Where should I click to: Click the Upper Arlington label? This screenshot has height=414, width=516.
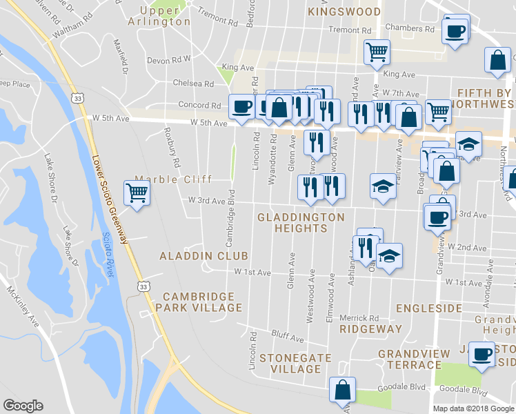click(159, 16)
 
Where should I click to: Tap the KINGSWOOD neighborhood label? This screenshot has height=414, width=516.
click(344, 12)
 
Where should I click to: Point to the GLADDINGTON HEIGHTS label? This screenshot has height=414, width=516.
click(300, 222)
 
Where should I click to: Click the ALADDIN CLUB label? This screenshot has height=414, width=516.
click(194, 255)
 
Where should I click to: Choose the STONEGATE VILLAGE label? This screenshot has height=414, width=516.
click(295, 363)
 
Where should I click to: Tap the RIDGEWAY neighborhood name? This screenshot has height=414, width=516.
click(370, 329)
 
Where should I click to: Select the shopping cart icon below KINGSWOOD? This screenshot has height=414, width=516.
click(377, 52)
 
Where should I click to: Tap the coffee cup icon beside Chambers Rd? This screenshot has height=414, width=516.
click(455, 30)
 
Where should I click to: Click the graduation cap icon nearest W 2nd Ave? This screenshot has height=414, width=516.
click(389, 256)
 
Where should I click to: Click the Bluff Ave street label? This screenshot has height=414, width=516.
click(287, 337)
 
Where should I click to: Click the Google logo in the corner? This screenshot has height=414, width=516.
click(23, 406)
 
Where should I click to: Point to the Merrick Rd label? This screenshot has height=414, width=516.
click(359, 318)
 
